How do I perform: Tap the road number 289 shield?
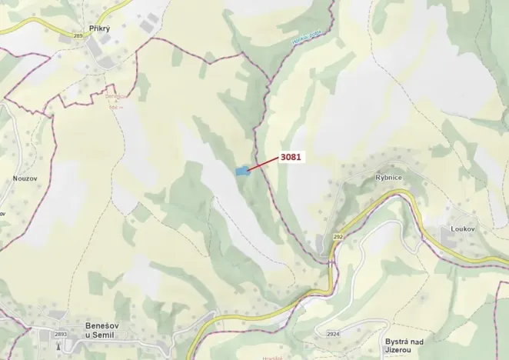tap(78, 35)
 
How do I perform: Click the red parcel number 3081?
tap(291, 157)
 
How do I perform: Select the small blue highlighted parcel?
tap(242, 171)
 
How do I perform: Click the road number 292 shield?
tap(338, 237)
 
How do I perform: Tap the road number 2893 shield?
tap(62, 334)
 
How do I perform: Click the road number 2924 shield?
tap(333, 334)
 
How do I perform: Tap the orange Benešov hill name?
tap(116, 97)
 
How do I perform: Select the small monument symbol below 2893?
tap(62, 347)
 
